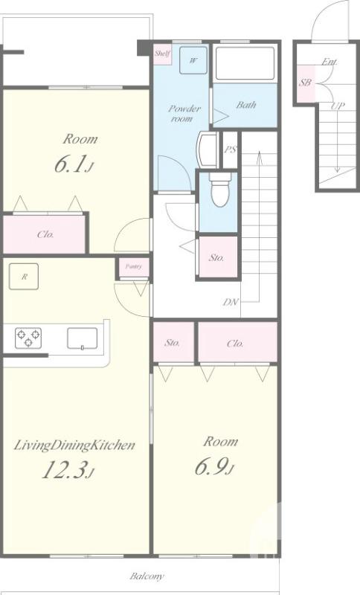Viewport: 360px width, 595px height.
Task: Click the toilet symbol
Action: pyautogui.click(x=220, y=190)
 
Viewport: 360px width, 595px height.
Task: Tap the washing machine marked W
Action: pyautogui.click(x=193, y=60)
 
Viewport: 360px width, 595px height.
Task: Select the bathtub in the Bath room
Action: pyautogui.click(x=245, y=63)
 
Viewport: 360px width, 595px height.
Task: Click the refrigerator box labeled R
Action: pyautogui.click(x=24, y=277)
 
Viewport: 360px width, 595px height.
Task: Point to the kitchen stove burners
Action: pyautogui.click(x=28, y=338)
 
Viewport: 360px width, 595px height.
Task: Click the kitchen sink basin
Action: pyautogui.click(x=82, y=338)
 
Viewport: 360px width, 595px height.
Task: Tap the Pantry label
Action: pyautogui.click(x=134, y=266)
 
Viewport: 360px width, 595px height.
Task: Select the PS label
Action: pyautogui.click(x=230, y=149)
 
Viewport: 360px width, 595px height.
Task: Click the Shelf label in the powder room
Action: pyautogui.click(x=162, y=54)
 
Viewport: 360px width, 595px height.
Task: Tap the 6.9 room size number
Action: pyautogui.click(x=213, y=466)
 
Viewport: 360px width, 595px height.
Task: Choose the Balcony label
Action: pyautogui.click(x=147, y=576)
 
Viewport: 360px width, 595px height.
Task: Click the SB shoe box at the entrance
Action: pyautogui.click(x=305, y=83)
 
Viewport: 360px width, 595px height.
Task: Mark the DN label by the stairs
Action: pyautogui.click(x=231, y=302)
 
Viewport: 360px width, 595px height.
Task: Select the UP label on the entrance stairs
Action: pyautogui.click(x=337, y=106)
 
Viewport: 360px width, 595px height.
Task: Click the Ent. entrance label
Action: pyautogui.click(x=330, y=62)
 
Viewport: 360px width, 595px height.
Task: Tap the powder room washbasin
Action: pyautogui.click(x=207, y=149)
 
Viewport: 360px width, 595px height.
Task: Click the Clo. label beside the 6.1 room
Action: pyautogui.click(x=45, y=234)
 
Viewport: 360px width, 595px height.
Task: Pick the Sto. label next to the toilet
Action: pyautogui.click(x=216, y=257)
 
